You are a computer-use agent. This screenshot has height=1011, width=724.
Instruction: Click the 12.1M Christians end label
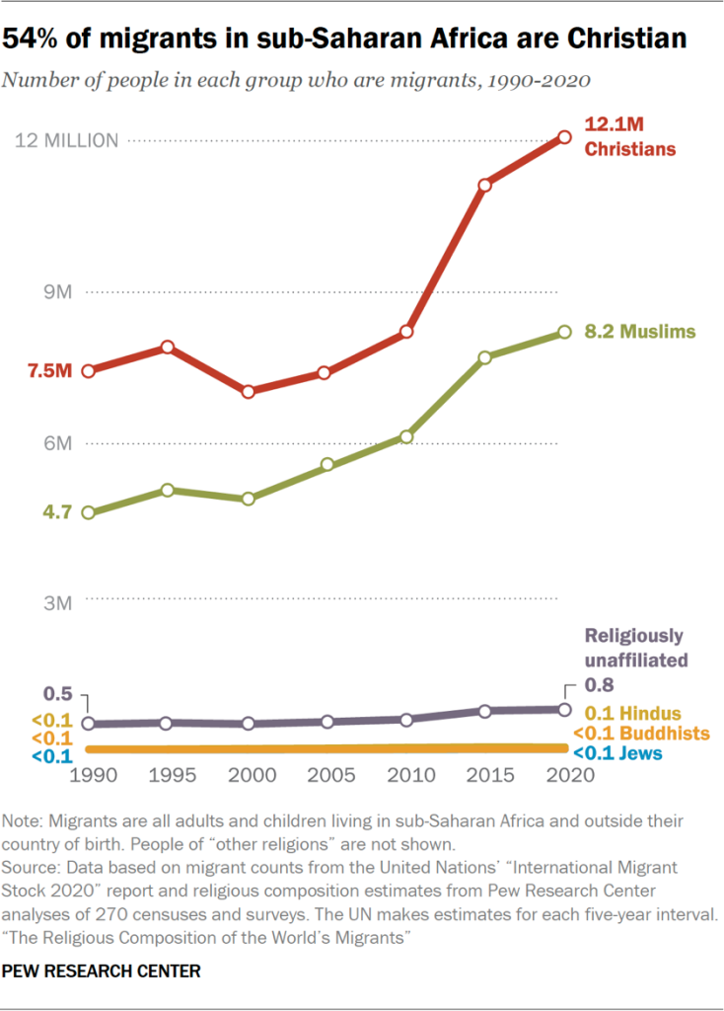(630, 137)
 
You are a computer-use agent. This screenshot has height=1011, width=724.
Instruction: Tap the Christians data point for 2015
(485, 185)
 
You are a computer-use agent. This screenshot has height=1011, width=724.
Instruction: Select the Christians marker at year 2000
(249, 392)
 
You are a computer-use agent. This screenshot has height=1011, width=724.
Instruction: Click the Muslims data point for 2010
(406, 436)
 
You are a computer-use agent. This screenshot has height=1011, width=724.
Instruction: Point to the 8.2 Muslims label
(640, 332)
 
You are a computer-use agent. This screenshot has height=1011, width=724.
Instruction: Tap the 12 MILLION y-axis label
(67, 141)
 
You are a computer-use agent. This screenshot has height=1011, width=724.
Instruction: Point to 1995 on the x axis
(169, 776)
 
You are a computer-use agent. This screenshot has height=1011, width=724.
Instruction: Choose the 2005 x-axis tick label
(327, 776)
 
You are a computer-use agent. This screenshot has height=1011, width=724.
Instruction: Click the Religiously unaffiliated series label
(633, 648)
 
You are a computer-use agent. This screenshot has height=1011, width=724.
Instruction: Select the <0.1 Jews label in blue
(619, 755)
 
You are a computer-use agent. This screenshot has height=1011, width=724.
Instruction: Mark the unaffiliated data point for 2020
(564, 709)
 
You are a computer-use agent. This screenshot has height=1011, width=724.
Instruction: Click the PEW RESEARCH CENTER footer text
(102, 972)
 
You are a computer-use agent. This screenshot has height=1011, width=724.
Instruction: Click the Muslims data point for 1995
(169, 491)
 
